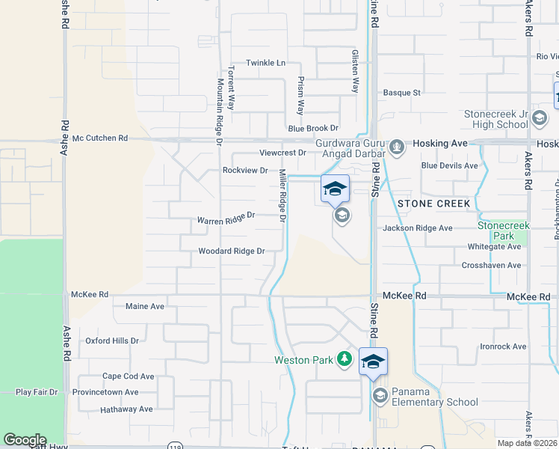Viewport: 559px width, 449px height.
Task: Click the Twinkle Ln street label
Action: (266, 63)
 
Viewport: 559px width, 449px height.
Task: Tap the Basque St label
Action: (402, 93)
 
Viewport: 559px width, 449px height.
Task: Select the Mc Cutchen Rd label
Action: (100, 138)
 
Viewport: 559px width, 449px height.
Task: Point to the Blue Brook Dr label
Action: (313, 129)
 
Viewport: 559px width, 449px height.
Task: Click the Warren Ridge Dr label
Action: (226, 220)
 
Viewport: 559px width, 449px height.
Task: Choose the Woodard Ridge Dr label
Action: (232, 251)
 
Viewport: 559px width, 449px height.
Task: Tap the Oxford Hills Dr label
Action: (112, 340)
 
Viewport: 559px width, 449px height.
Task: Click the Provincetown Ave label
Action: (105, 392)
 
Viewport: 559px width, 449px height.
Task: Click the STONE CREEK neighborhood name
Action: (434, 204)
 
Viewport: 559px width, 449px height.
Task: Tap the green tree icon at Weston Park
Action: (345, 360)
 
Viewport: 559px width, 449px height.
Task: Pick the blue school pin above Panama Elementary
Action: (373, 362)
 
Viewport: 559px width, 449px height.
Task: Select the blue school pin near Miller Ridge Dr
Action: (336, 189)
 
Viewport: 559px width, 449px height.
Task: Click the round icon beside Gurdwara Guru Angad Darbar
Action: (398, 147)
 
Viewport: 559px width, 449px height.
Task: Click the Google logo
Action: (25, 440)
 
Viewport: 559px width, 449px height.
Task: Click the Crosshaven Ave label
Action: (491, 265)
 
